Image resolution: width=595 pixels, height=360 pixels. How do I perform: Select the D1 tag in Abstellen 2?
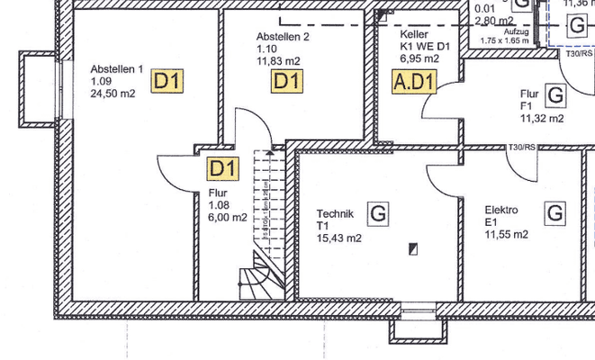pyautogui.click(x=287, y=81)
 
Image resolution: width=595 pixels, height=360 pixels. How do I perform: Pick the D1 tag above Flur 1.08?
pyautogui.click(x=222, y=167)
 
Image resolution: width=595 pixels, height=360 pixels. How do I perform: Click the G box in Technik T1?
pyautogui.click(x=379, y=213)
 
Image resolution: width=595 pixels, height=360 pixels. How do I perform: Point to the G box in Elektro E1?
pyautogui.click(x=554, y=213)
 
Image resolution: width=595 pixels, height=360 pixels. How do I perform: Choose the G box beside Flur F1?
pyautogui.click(x=554, y=94)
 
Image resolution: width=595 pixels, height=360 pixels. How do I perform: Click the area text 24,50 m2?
pyautogui.click(x=113, y=92)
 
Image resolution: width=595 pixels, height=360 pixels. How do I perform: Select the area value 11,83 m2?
pyautogui.click(x=278, y=61)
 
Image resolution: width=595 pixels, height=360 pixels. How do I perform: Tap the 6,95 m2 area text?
pyautogui.click(x=419, y=58)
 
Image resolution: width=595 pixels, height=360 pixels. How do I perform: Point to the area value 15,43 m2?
pyautogui.click(x=339, y=238)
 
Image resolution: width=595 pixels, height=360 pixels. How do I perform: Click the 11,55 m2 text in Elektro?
pyautogui.click(x=506, y=234)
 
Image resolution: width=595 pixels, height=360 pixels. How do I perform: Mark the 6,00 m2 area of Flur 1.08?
pyautogui.click(x=227, y=217)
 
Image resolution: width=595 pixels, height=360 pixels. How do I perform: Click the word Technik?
pyautogui.click(x=335, y=213)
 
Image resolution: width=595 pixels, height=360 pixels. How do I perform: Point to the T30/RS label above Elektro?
pyautogui.click(x=523, y=147)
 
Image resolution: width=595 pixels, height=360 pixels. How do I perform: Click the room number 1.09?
pyautogui.click(x=101, y=80)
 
